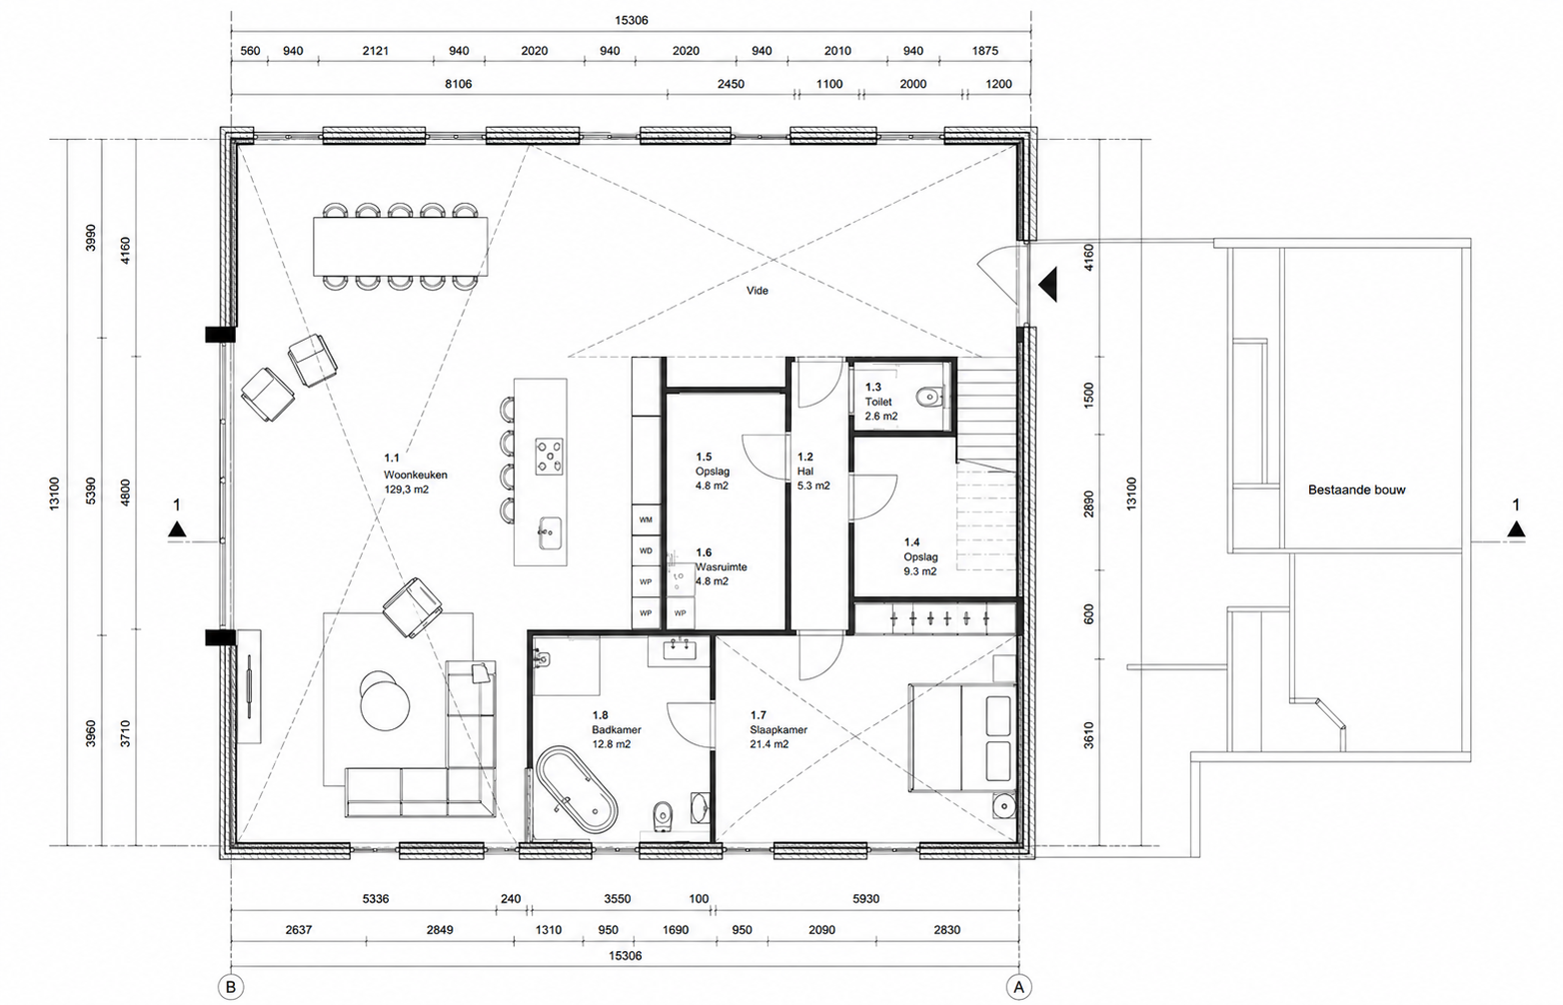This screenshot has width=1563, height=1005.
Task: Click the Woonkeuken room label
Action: [415, 475]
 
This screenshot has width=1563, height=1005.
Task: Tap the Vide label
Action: [758, 291]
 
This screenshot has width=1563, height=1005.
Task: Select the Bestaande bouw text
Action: [1356, 490]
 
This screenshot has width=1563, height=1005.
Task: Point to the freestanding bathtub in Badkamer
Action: [577, 789]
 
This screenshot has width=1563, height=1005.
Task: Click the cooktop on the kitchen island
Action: [549, 457]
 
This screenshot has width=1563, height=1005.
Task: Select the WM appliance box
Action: [646, 519]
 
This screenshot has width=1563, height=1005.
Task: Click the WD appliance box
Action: [646, 550]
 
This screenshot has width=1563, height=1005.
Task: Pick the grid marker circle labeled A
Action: [1018, 987]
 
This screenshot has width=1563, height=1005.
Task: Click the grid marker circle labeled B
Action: [231, 987]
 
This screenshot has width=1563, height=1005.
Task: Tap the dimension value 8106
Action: [459, 84]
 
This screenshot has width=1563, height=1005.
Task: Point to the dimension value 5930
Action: [865, 899]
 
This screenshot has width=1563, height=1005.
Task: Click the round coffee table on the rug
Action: [385, 705]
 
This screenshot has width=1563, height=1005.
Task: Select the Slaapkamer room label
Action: [779, 729]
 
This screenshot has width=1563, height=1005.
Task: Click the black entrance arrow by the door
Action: [1048, 285]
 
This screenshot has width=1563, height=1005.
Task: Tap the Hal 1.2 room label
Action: [813, 472]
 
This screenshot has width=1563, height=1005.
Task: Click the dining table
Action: [401, 246]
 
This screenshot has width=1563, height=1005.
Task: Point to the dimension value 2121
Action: [376, 51]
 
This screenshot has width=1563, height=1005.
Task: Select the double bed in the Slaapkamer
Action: [961, 738]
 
